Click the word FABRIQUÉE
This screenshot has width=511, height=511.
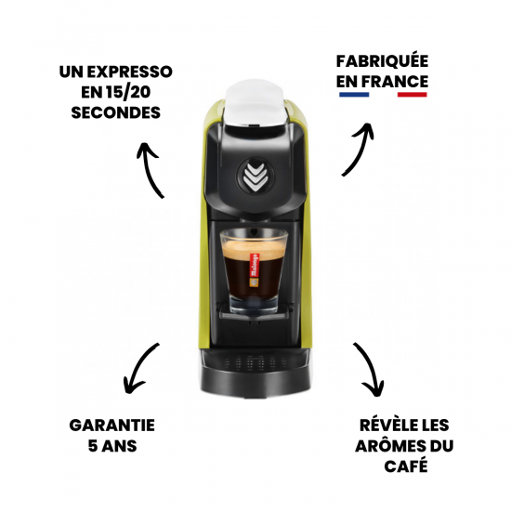point(382,61)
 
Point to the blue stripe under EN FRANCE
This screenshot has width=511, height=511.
point(351,95)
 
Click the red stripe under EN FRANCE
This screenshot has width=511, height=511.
point(412,95)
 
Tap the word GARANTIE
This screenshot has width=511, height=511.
point(111,425)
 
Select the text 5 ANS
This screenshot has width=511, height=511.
point(111,445)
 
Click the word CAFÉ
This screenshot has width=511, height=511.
point(406,465)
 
